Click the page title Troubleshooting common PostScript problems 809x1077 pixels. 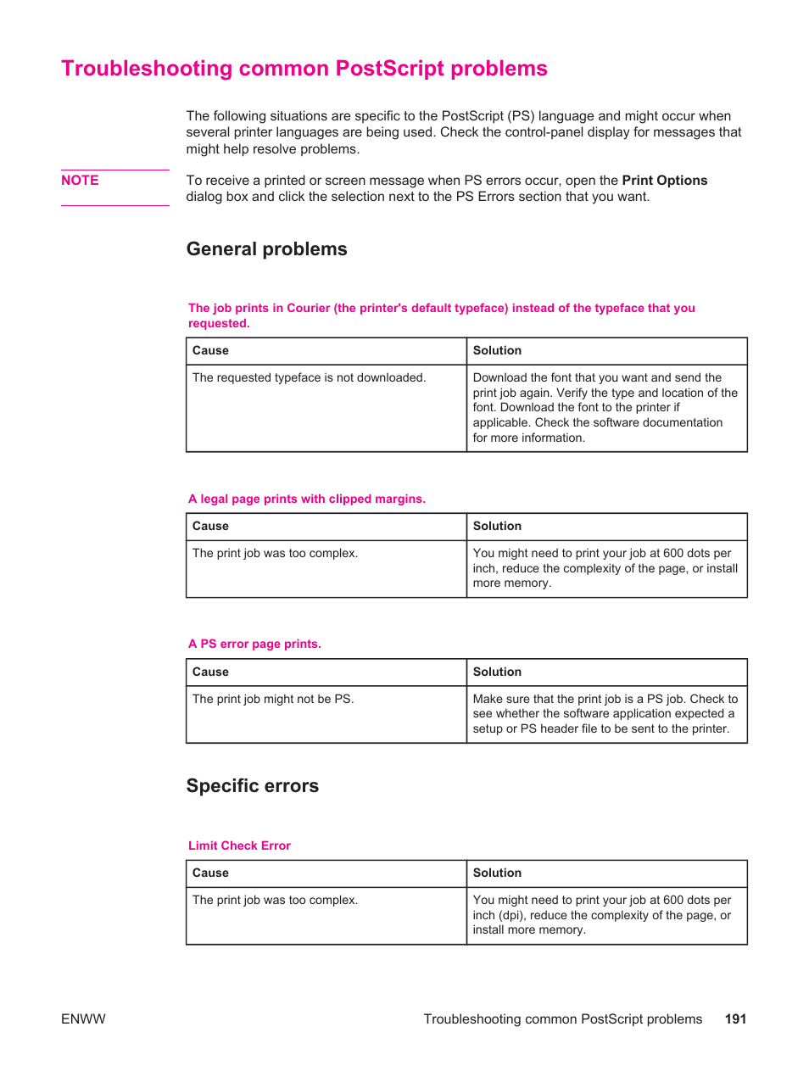coord(304,69)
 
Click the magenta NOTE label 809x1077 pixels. coord(80,181)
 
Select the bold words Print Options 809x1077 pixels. coord(664,181)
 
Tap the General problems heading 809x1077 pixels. coord(266,249)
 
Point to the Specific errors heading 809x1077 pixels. coord(252,786)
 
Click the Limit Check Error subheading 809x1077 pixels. coord(239,845)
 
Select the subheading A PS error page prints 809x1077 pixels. coord(254,644)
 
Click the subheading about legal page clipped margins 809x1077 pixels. coord(306,499)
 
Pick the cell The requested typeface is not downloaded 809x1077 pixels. coord(309,377)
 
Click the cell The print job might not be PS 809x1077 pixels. coord(272,699)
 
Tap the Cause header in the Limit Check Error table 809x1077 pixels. coord(210,873)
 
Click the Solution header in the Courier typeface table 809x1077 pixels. coord(497,350)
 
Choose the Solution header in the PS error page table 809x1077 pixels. coord(497,672)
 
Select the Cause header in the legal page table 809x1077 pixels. coord(210,526)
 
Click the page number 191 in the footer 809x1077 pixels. coord(735,1019)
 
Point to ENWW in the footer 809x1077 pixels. coord(83,1019)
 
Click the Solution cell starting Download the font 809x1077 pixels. coord(605,407)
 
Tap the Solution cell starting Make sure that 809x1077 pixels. coord(605,714)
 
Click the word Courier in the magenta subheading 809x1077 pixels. coord(308,308)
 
